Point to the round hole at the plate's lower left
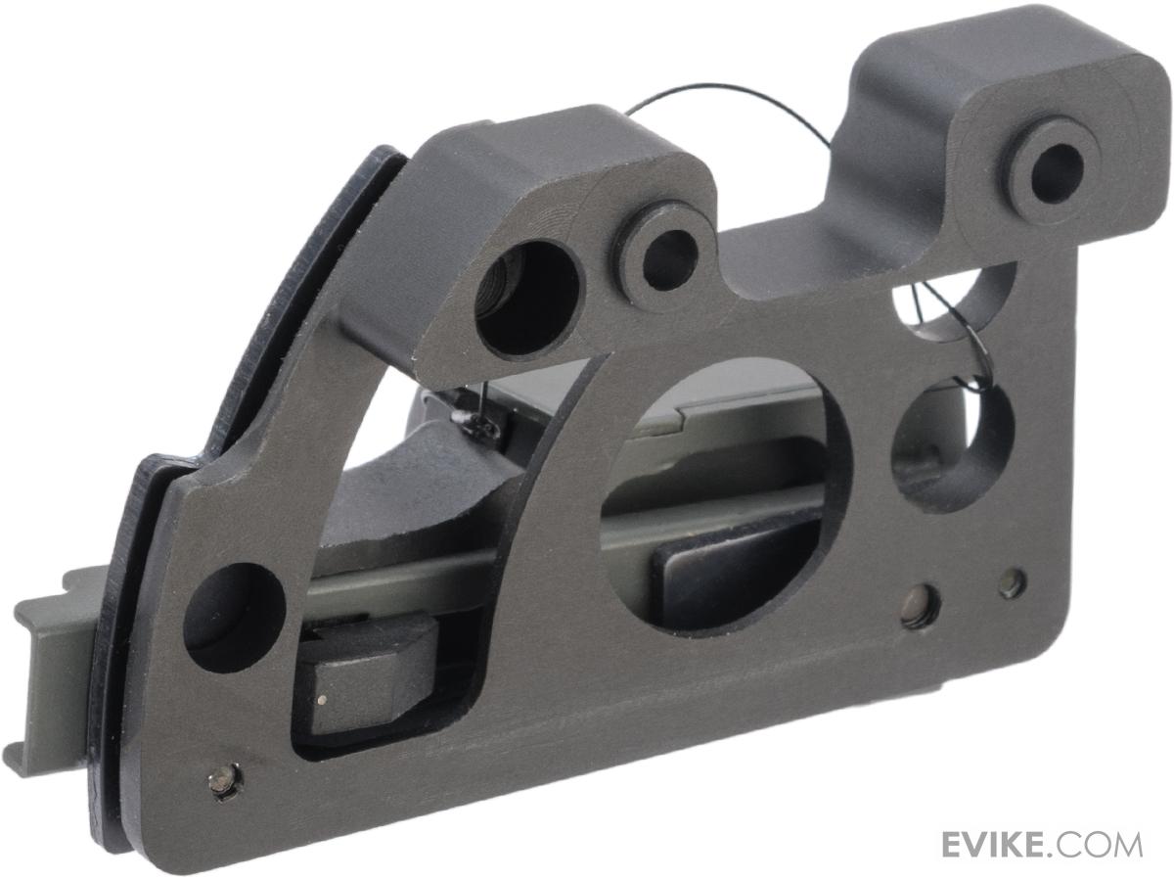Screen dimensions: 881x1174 pyautogui.click(x=233, y=617)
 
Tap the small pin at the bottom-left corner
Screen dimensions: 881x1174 pyautogui.click(x=226, y=778)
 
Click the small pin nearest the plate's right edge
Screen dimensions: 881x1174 pyautogui.click(x=1013, y=584)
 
